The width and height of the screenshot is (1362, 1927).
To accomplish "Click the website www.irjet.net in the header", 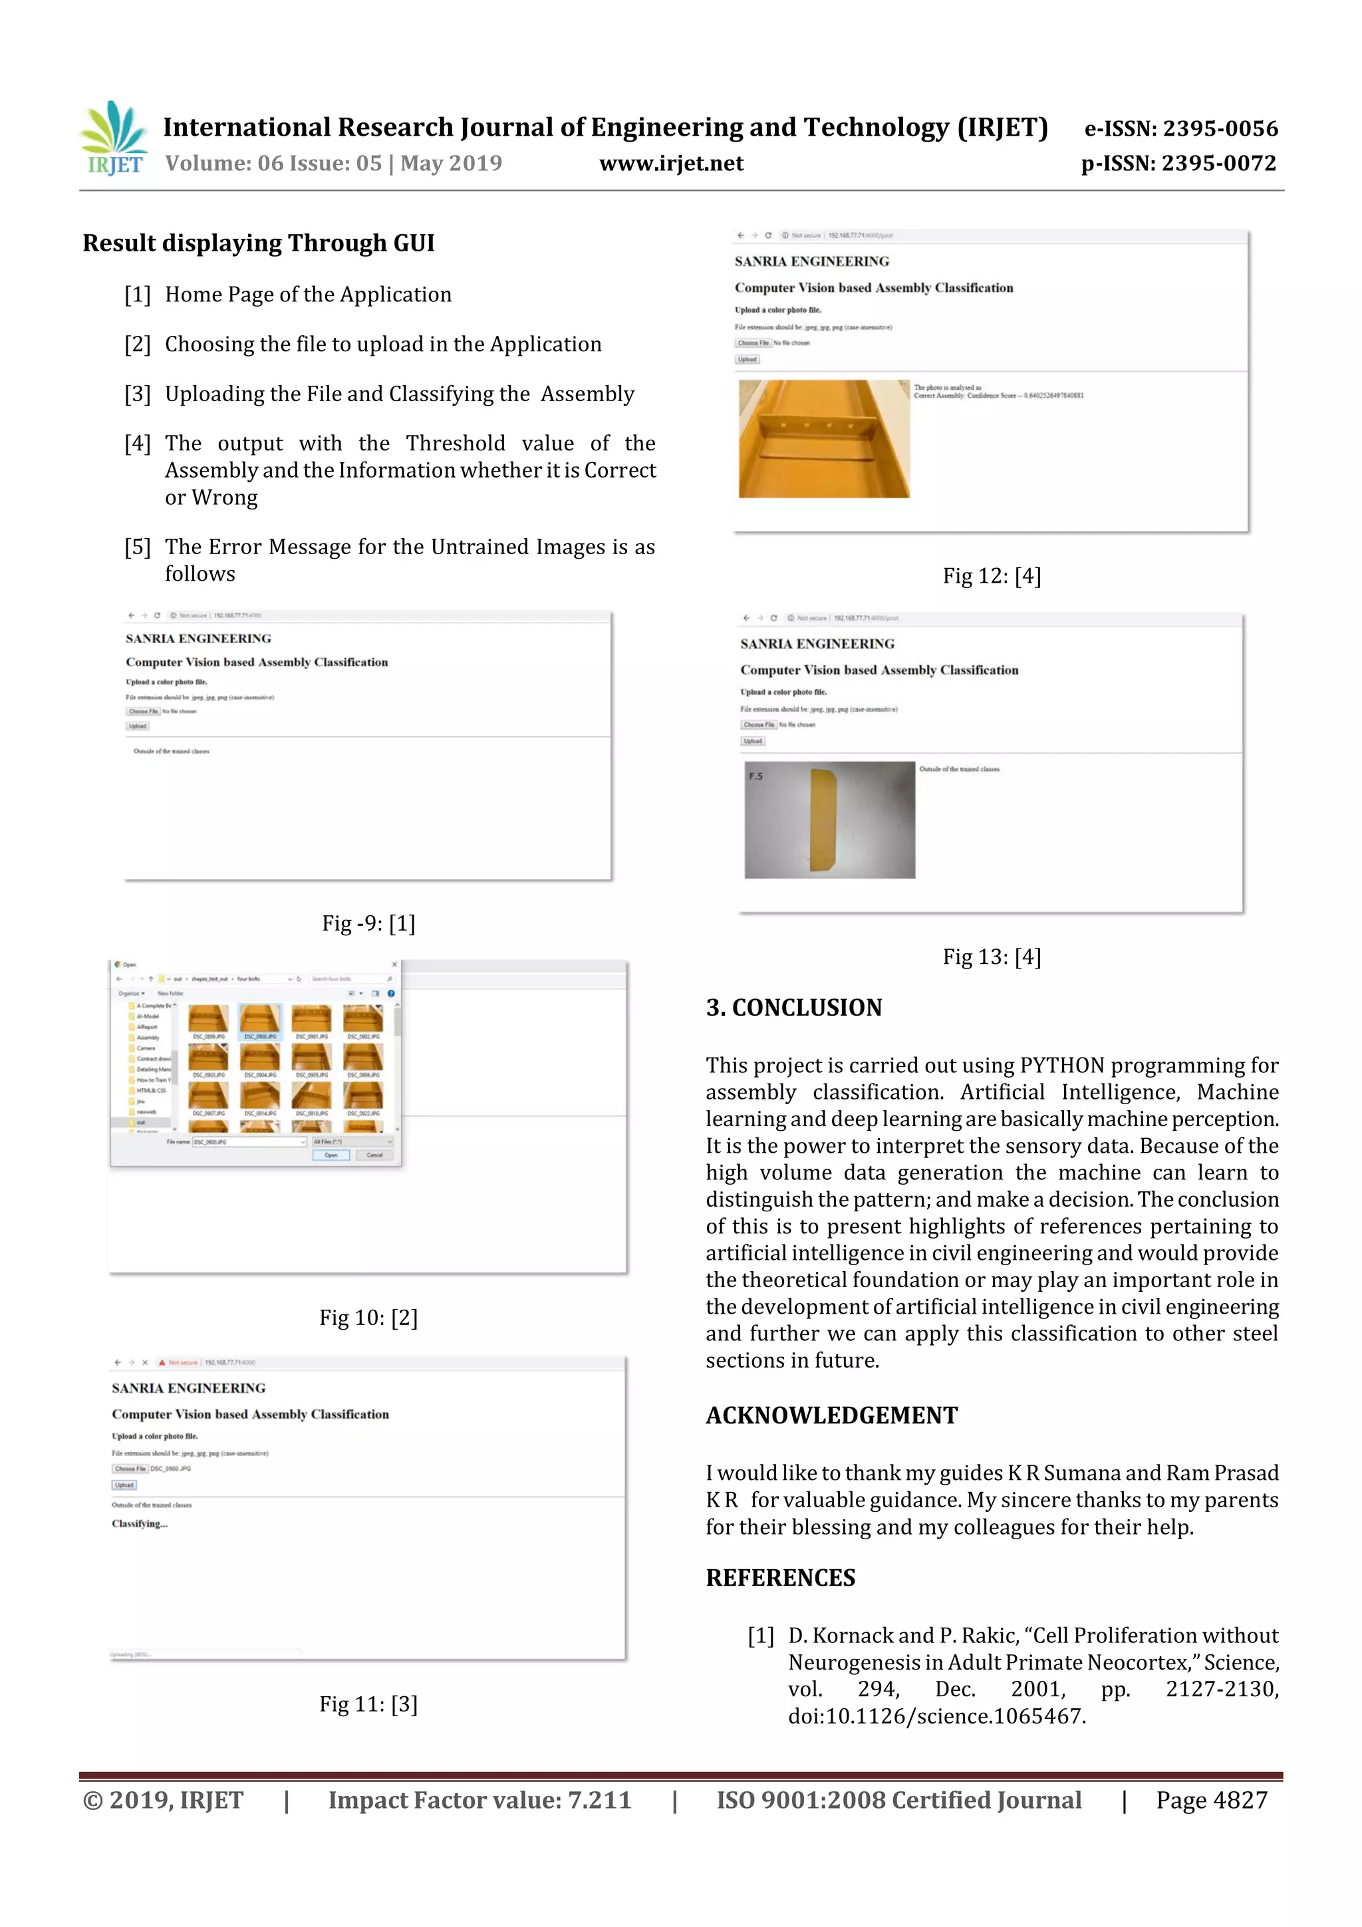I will (x=670, y=164).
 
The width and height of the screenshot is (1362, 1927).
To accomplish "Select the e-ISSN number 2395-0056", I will (x=1219, y=128).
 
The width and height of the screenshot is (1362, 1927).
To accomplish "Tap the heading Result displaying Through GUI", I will (x=259, y=243).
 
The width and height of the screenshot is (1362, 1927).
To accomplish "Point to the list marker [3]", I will (x=138, y=394).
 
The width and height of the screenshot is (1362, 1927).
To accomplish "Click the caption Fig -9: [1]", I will (x=368, y=923).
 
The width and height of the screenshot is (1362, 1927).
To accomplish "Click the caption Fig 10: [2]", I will (x=368, y=1318).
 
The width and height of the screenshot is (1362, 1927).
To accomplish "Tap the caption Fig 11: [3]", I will (x=368, y=1704).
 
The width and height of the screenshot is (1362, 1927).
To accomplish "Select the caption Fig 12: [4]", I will (x=991, y=576).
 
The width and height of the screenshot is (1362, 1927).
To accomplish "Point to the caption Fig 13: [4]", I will (x=991, y=957).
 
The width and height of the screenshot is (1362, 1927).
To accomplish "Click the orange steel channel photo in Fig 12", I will (x=823, y=439).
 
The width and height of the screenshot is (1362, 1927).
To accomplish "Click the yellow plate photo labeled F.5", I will (x=829, y=820).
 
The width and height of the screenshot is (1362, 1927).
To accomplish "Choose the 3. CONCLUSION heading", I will (x=794, y=1007).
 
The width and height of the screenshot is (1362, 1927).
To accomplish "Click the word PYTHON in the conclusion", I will (x=1061, y=1066).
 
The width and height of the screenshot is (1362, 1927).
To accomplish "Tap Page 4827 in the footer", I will (x=1211, y=1800).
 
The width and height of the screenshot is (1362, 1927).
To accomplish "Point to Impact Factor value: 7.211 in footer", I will (x=479, y=1800).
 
